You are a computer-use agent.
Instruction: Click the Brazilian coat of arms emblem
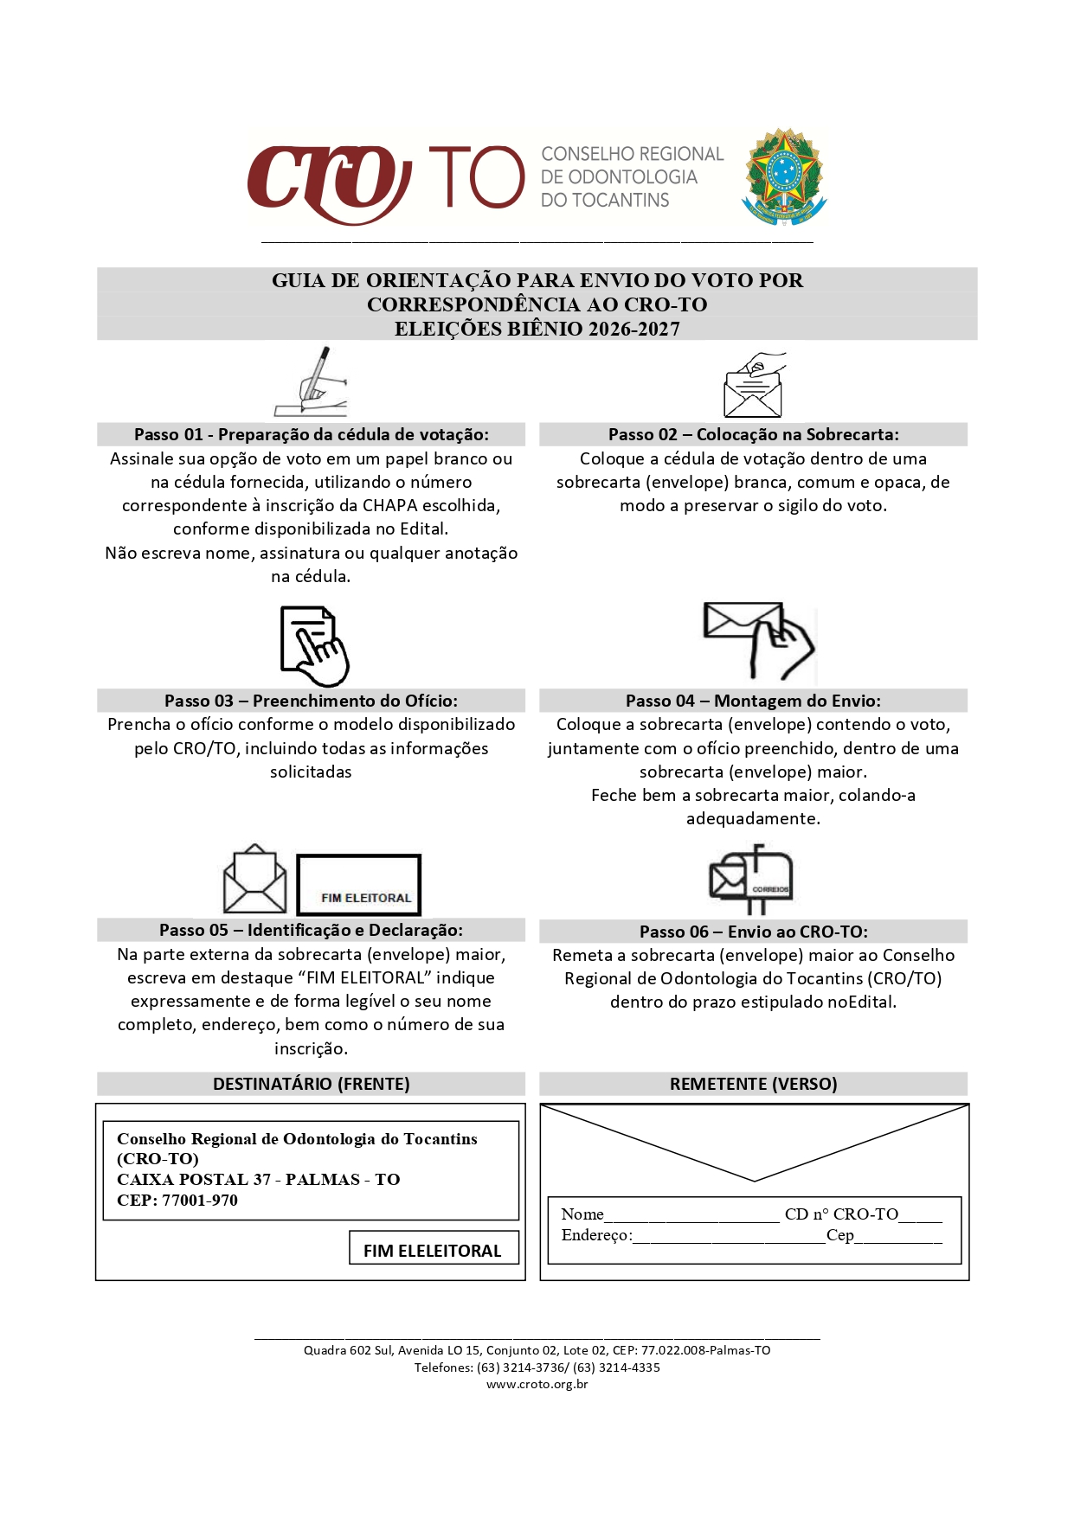click(x=784, y=177)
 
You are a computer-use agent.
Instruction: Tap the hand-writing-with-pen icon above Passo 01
click(x=312, y=383)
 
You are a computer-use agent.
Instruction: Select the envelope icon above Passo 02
click(x=754, y=386)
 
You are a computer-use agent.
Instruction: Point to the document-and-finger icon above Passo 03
click(x=313, y=646)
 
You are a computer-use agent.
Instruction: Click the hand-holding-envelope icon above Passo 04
click(x=759, y=641)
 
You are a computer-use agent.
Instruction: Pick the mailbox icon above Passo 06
click(x=751, y=880)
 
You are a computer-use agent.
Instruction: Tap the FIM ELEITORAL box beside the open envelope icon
click(x=358, y=885)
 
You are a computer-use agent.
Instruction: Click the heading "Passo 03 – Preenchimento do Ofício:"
click(x=311, y=701)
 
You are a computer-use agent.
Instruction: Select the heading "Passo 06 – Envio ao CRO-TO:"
click(x=753, y=932)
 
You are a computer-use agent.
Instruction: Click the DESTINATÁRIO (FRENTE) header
click(x=311, y=1084)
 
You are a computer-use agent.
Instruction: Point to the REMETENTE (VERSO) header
click(x=753, y=1084)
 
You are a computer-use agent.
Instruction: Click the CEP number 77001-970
click(x=200, y=1201)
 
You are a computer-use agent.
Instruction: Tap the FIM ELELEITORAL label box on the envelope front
click(x=433, y=1250)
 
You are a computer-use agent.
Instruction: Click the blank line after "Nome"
click(x=691, y=1216)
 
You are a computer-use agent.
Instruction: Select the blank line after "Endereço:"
click(x=729, y=1237)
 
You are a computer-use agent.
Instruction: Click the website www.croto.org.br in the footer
click(x=537, y=1384)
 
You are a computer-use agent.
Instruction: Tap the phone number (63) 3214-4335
click(x=616, y=1367)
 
